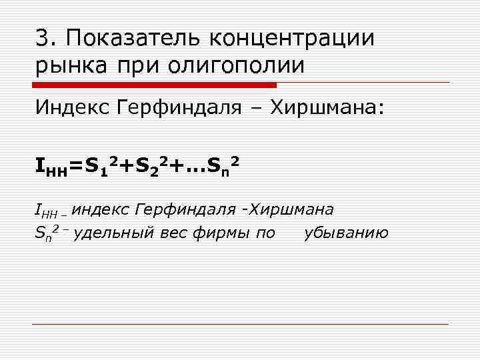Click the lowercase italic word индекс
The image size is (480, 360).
point(99,210)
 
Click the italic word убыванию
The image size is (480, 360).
point(346,233)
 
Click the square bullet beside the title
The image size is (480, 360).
point(19,39)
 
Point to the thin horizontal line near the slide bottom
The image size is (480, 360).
point(240,325)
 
